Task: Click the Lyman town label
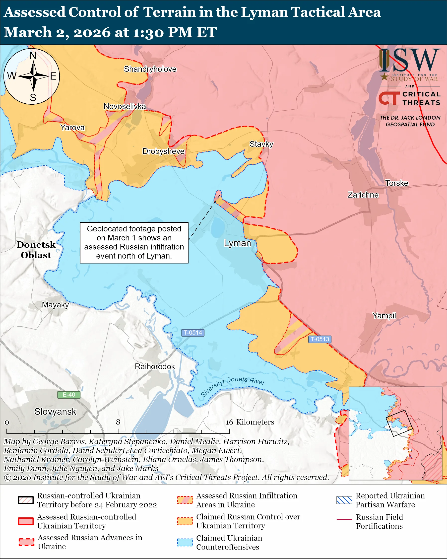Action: pos(237,243)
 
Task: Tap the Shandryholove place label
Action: pos(150,69)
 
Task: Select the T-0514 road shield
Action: pos(193,333)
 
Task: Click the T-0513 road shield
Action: pos(320,339)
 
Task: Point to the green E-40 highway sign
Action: pos(69,395)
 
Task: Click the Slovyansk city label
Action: pos(55,412)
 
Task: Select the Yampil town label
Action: pos(384,316)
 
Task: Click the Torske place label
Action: pos(396,183)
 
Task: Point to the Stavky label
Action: pos(261,144)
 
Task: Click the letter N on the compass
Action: pos(33,56)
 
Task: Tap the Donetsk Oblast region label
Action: pos(36,250)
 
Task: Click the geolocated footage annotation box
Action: pos(134,243)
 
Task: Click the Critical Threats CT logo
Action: pos(389,98)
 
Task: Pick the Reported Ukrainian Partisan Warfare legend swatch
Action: pos(344,500)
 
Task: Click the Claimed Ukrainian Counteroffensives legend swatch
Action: pos(185,542)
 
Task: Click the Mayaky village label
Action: pos(55,305)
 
